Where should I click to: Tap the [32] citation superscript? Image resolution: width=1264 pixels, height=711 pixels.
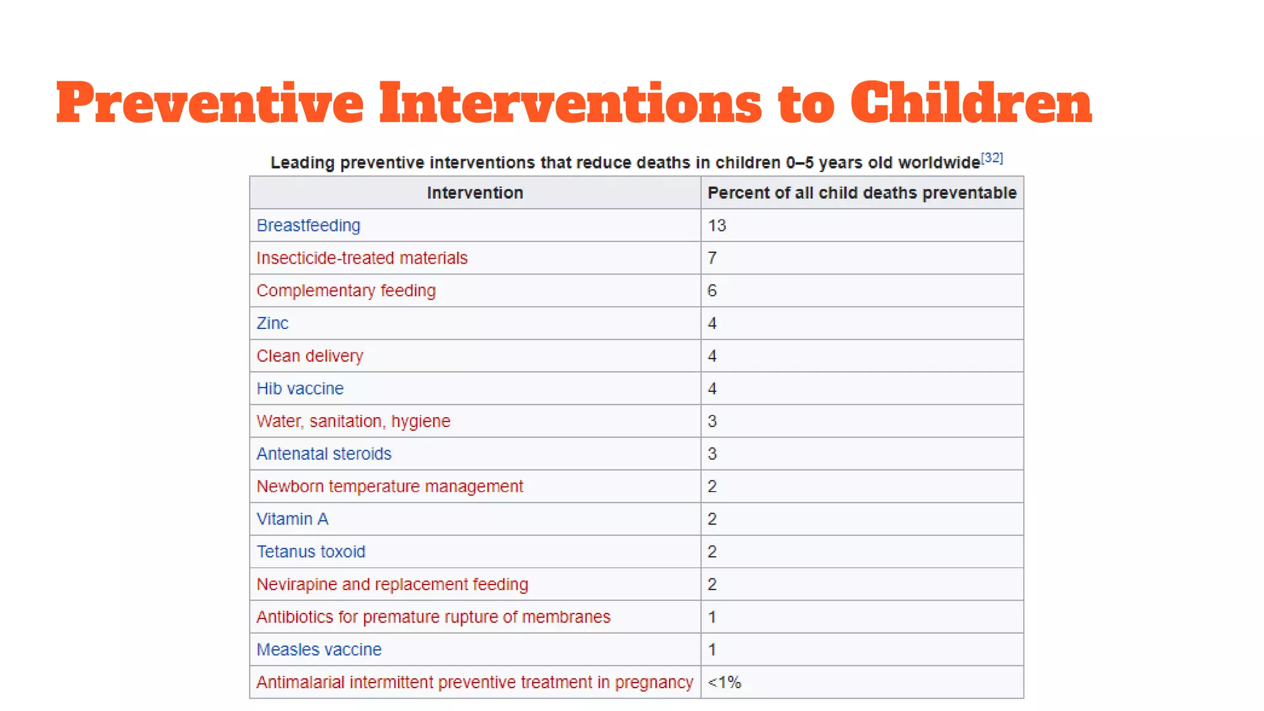tap(992, 157)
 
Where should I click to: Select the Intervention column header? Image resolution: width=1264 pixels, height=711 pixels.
tap(475, 193)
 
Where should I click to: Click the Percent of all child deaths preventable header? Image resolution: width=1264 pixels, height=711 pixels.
tap(862, 193)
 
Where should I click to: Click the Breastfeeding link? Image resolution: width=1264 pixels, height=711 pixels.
tap(308, 225)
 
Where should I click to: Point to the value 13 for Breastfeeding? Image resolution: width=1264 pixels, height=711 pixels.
tap(717, 225)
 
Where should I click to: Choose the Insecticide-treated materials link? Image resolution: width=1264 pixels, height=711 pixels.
tap(362, 258)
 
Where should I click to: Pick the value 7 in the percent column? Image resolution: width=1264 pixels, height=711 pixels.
tap(712, 258)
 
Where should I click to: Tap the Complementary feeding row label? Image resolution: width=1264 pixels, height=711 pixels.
tap(346, 291)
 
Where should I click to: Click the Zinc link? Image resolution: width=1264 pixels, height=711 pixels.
tap(272, 323)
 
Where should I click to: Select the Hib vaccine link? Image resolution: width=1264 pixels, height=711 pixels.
tap(300, 389)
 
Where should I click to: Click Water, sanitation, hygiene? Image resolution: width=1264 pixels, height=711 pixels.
tap(353, 422)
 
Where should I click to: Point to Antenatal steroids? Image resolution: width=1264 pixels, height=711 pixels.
tap(324, 454)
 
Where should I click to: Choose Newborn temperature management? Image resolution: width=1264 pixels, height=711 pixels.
tap(389, 486)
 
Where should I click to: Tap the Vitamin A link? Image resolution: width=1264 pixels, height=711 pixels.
tap(292, 519)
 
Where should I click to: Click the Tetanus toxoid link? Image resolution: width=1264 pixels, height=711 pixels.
tap(310, 552)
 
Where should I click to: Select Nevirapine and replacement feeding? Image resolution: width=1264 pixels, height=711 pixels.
tap(392, 584)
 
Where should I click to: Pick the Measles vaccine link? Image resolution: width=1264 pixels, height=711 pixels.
tap(318, 650)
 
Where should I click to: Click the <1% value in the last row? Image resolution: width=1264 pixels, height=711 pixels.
tap(724, 683)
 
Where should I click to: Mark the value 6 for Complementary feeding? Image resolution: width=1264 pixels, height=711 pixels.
tap(712, 291)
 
